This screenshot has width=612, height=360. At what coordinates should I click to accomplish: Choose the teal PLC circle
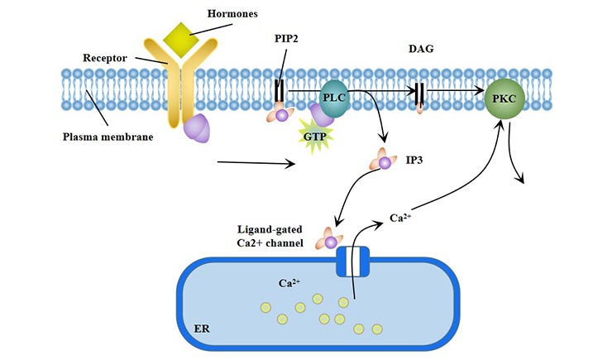click(333, 98)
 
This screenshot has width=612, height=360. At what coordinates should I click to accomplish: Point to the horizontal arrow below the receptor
click(256, 165)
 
